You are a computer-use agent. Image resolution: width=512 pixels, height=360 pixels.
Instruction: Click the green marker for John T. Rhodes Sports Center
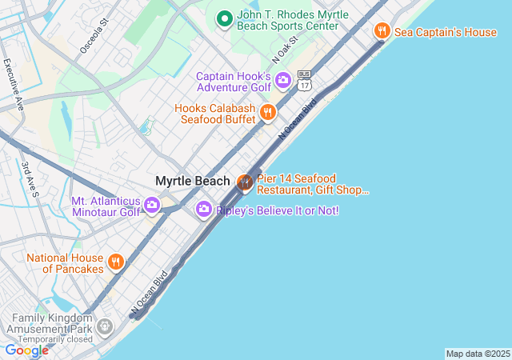(x=225, y=18)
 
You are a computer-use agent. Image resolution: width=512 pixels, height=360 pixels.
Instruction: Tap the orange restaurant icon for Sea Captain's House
(x=382, y=31)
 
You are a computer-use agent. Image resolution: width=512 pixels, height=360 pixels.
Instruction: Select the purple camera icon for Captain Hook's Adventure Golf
(x=282, y=81)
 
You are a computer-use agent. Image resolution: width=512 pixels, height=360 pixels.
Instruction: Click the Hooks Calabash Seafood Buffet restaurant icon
(x=268, y=112)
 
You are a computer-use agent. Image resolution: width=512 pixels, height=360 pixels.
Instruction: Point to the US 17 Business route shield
(x=304, y=79)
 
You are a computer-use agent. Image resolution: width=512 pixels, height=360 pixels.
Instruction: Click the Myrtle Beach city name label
(x=192, y=181)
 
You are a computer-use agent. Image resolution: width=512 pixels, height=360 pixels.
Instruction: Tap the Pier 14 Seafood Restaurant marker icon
(x=245, y=183)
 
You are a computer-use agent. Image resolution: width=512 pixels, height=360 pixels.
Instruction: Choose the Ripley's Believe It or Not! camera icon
(x=204, y=210)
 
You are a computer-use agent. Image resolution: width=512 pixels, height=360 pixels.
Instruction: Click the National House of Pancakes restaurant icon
(x=116, y=262)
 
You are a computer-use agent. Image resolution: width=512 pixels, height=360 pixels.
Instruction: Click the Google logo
(x=26, y=350)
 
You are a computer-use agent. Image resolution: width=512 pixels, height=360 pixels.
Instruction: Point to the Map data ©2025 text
(x=478, y=354)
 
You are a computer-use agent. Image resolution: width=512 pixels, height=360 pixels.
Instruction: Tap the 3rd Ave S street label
(x=31, y=178)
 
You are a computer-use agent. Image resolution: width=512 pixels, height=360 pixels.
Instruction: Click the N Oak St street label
(x=284, y=49)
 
